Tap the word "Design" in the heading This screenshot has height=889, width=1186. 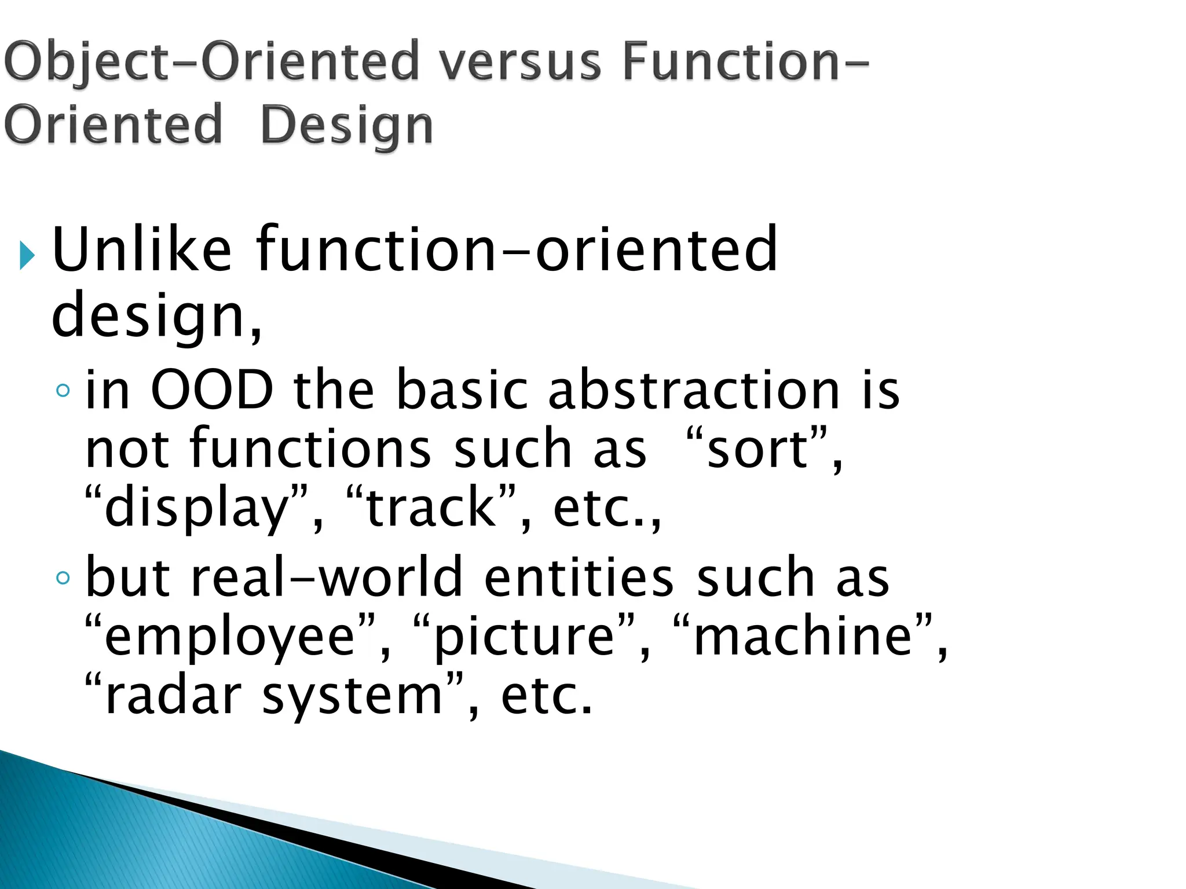tap(346, 126)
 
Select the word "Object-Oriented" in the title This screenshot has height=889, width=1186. tap(211, 63)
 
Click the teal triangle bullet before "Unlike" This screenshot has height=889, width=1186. tap(27, 255)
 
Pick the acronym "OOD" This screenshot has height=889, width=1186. tap(212, 390)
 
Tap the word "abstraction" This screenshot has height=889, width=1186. tap(694, 390)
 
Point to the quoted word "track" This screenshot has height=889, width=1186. tap(432, 508)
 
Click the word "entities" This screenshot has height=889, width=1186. tap(579, 577)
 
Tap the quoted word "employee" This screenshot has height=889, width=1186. tap(229, 636)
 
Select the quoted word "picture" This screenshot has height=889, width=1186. tap(524, 636)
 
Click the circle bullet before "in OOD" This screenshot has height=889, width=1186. tap(63, 391)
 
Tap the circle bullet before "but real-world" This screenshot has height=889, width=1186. tap(63, 577)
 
